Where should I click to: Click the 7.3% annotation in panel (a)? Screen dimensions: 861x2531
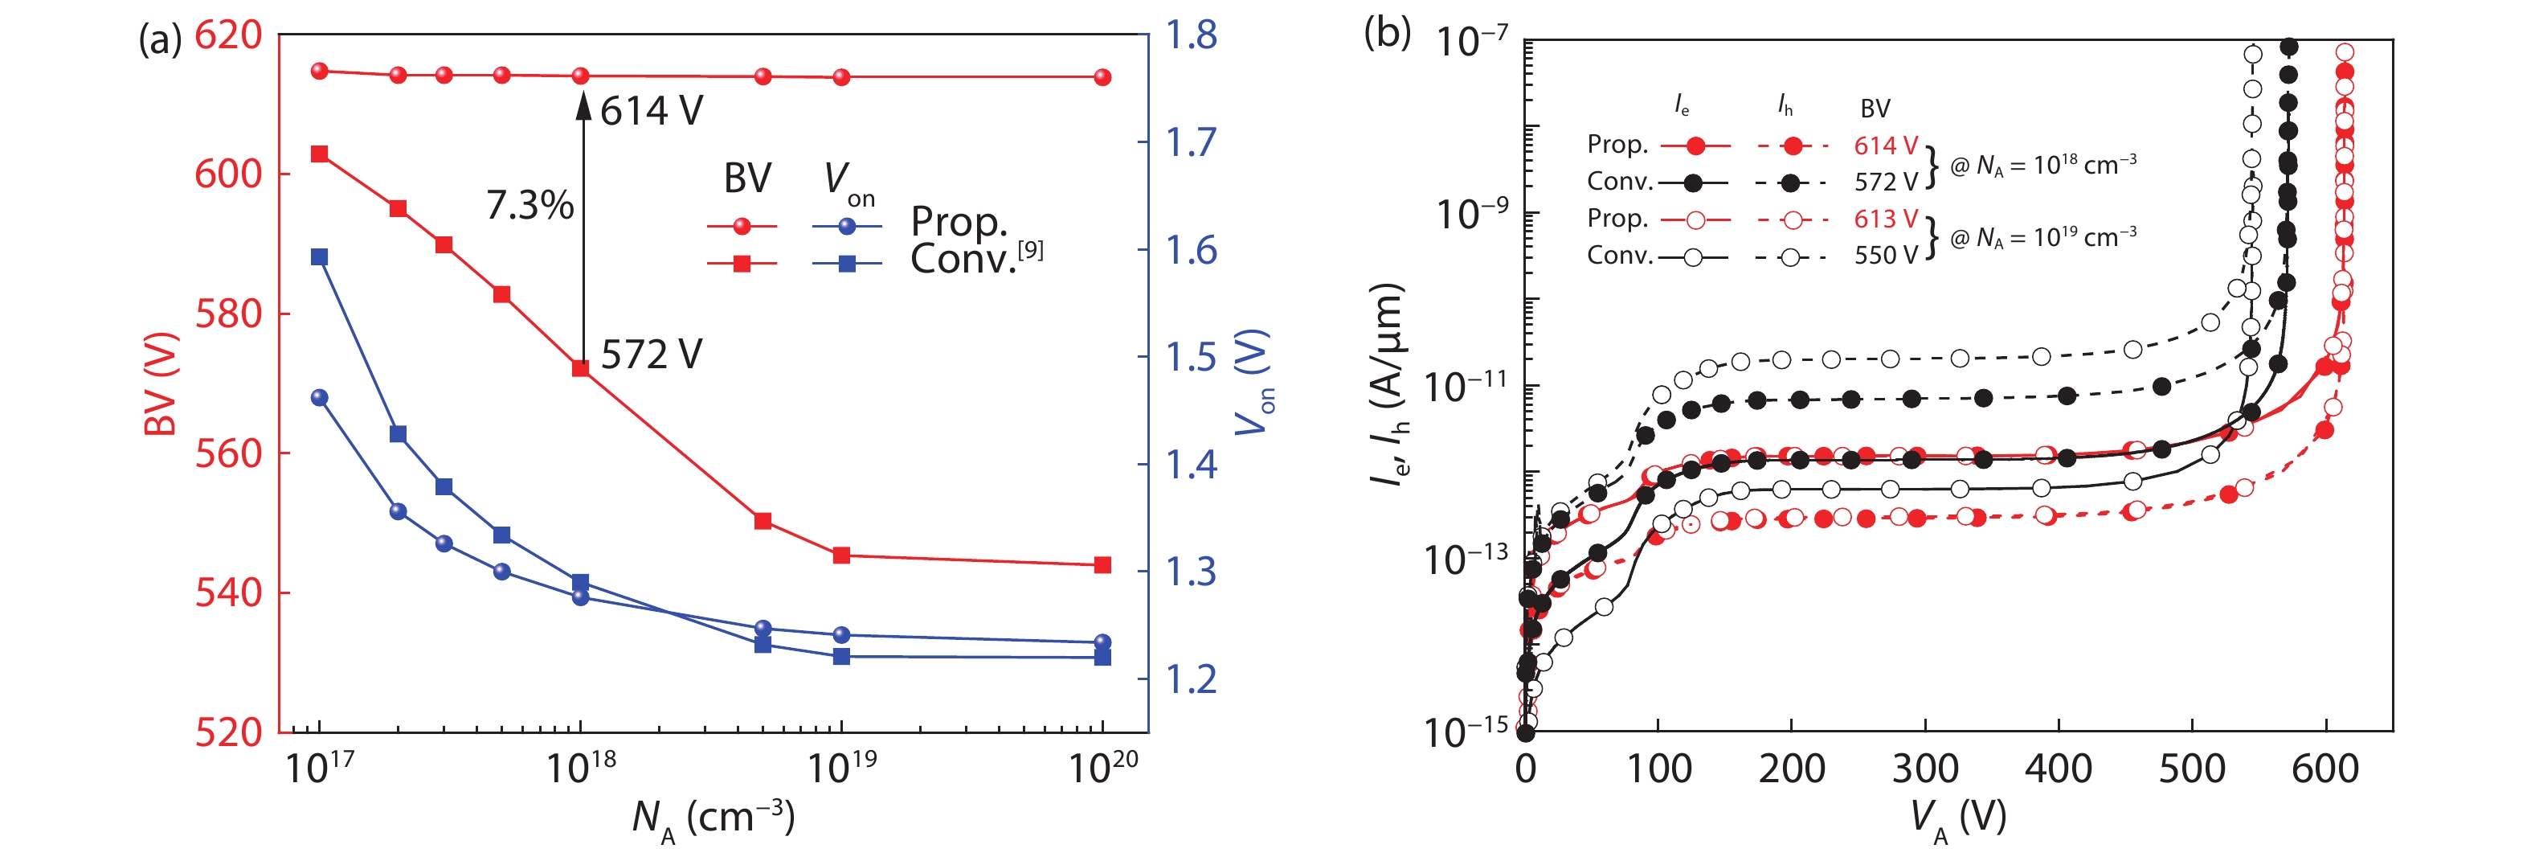pos(530,206)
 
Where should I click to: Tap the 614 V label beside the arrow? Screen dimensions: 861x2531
pos(652,111)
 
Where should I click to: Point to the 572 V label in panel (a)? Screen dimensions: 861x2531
pos(652,355)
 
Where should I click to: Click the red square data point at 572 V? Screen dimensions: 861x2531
pos(581,368)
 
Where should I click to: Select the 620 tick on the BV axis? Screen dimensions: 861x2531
pos(228,35)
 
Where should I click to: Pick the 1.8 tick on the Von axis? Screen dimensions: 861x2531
pos(1191,35)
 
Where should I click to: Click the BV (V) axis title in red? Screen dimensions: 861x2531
pos(160,383)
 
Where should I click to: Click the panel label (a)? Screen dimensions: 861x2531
pos(159,39)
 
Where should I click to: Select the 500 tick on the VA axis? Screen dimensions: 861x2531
pos(2191,769)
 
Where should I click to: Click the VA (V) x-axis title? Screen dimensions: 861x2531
pos(1957,818)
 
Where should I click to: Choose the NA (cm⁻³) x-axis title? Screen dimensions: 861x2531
pos(713,818)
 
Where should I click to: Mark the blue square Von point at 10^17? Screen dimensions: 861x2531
pos(319,257)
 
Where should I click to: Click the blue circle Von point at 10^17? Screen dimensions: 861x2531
pos(319,398)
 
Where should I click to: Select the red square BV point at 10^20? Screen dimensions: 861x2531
pos(1102,565)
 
